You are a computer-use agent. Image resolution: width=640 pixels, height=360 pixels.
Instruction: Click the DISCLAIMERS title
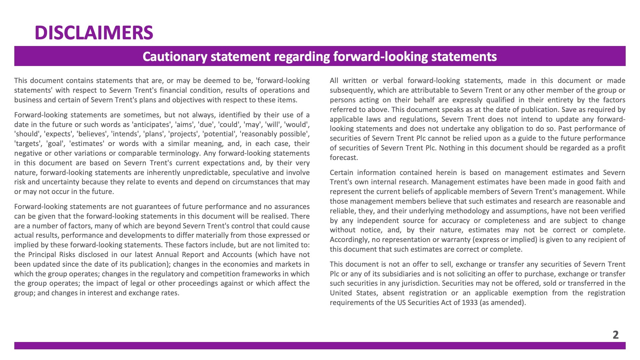tap(94, 33)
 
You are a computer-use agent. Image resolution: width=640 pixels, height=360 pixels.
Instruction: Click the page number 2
tap(615, 335)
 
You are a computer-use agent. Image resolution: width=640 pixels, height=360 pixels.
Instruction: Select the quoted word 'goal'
tap(56, 144)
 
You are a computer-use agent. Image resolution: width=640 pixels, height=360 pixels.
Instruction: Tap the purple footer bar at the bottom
tap(320, 346)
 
